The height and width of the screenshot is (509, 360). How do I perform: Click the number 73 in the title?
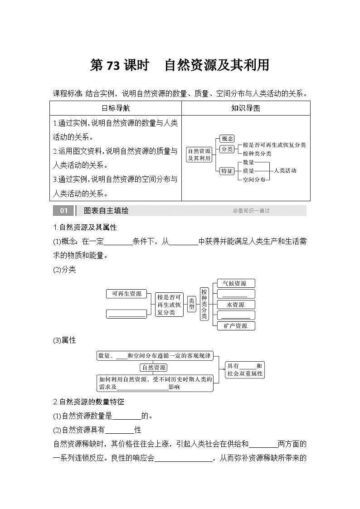pyautogui.click(x=113, y=66)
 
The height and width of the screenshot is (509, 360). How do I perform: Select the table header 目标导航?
pyautogui.click(x=115, y=108)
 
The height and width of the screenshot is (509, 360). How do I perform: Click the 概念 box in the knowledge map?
pyautogui.click(x=226, y=138)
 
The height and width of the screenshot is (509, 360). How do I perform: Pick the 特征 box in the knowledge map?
pyautogui.click(x=226, y=171)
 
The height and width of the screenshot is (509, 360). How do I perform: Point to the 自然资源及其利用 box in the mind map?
pyautogui.click(x=199, y=155)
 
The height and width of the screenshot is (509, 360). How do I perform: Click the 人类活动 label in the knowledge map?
pyautogui.click(x=285, y=171)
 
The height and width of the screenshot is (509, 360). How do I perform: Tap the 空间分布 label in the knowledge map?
pyautogui.click(x=254, y=179)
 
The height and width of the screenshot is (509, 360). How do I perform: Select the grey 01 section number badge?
pyautogui.click(x=63, y=211)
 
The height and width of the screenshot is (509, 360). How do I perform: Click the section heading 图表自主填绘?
pyautogui.click(x=103, y=211)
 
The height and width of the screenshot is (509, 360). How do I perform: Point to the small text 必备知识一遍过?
pyautogui.click(x=251, y=211)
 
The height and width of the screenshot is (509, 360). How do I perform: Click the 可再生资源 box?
pyautogui.click(x=126, y=294)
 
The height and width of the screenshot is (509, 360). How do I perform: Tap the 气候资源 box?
pyautogui.click(x=236, y=284)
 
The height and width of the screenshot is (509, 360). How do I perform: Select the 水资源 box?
pyautogui.click(x=236, y=305)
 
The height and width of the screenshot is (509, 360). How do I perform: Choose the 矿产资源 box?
pyautogui.click(x=236, y=326)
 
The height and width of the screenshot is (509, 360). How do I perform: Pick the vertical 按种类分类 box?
pyautogui.click(x=204, y=304)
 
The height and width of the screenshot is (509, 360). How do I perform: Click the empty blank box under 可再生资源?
pyautogui.click(x=126, y=313)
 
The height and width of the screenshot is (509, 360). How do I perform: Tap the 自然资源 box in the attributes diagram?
pyautogui.click(x=154, y=368)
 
